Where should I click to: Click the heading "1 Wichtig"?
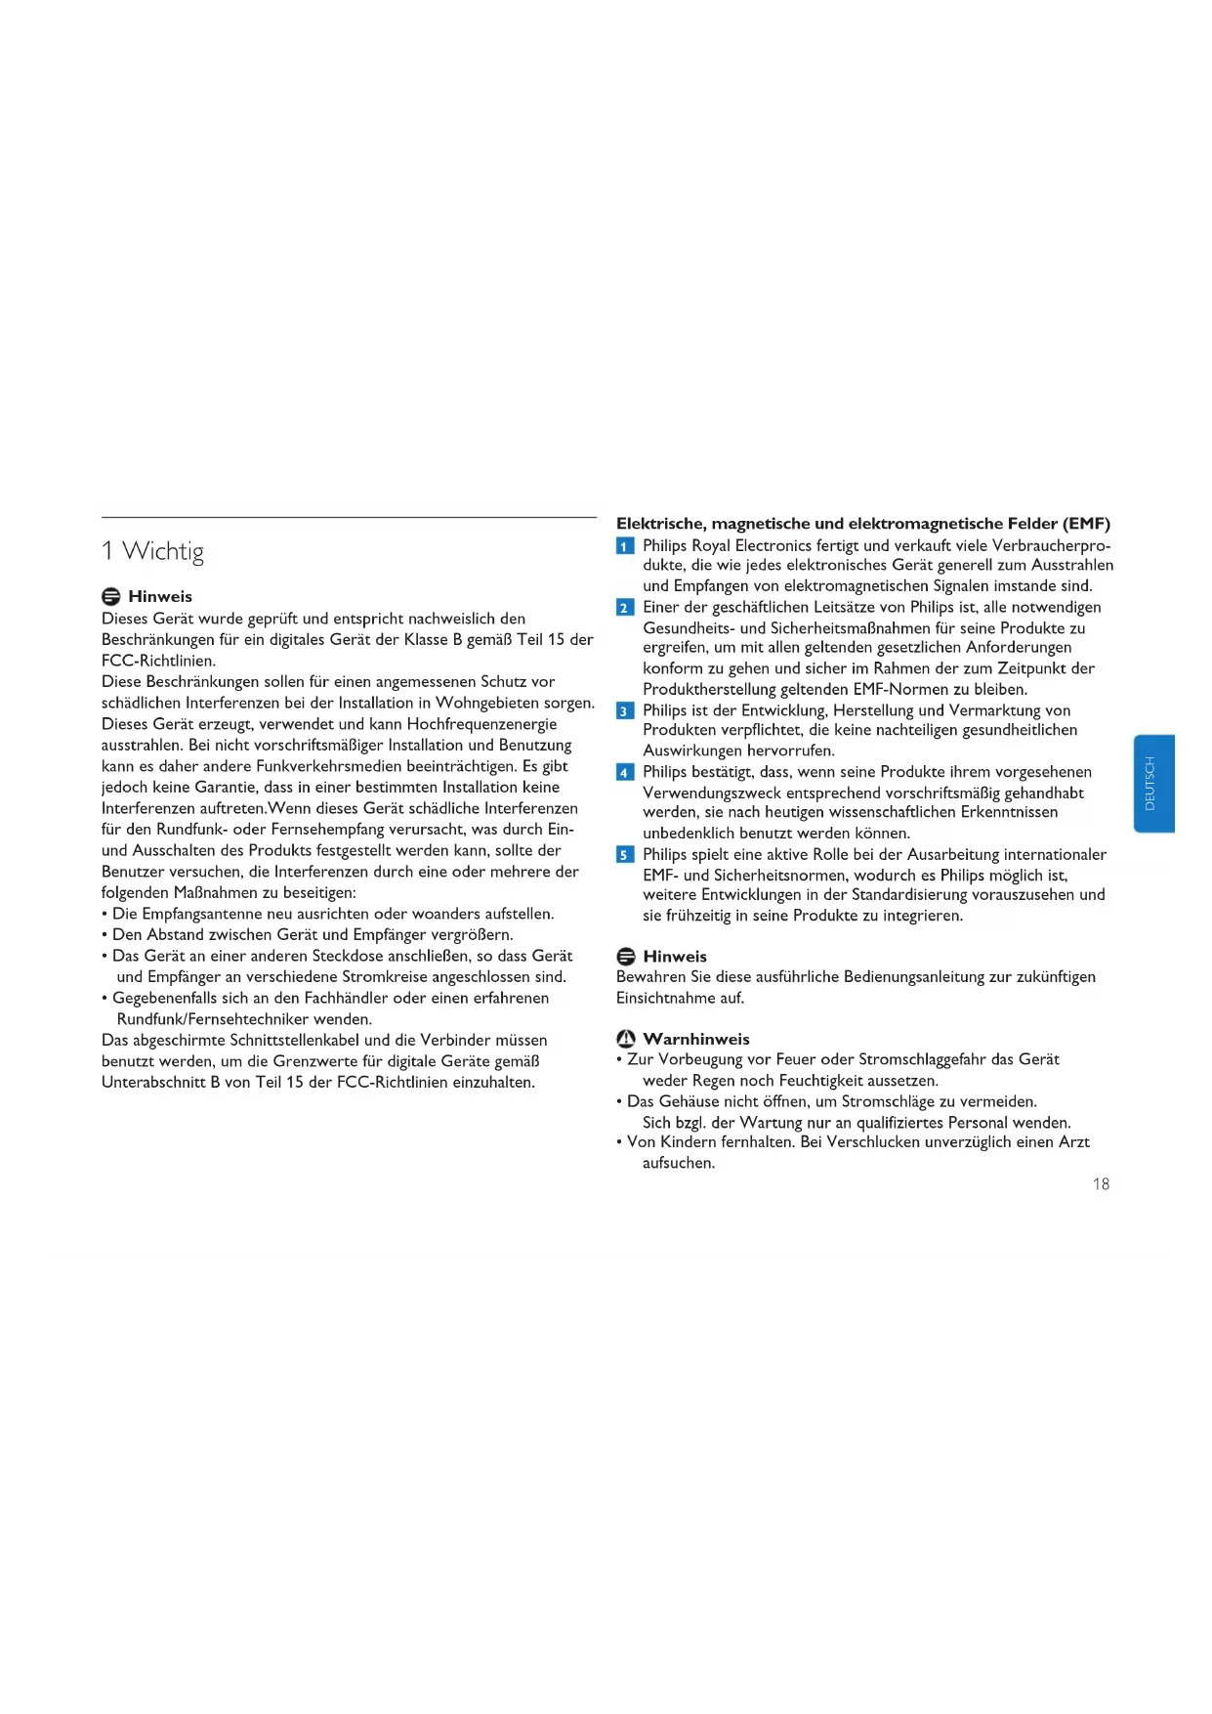[x=153, y=551]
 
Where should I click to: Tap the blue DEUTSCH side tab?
[x=1153, y=783]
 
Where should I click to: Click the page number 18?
[x=1101, y=1183]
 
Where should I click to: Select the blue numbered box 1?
[x=625, y=546]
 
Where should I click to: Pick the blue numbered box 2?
[x=625, y=608]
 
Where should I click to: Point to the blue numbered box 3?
[x=625, y=711]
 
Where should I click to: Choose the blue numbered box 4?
[x=625, y=773]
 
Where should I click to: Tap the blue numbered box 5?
[x=625, y=855]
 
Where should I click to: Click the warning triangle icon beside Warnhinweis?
[x=626, y=1039]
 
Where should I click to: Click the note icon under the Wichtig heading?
[x=111, y=597]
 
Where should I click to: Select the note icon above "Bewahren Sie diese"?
[x=626, y=957]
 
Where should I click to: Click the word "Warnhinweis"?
[x=696, y=1039]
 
